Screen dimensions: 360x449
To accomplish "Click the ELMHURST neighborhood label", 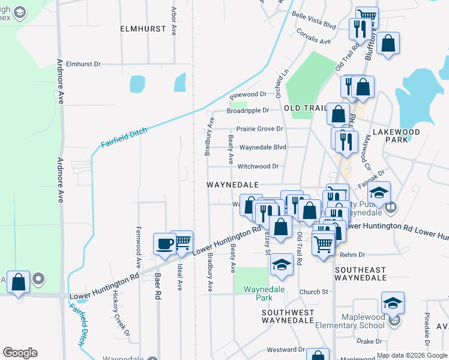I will coord(141,28).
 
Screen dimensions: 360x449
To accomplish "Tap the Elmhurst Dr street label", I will coord(92,63).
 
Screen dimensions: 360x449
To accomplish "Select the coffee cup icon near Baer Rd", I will coord(164,243).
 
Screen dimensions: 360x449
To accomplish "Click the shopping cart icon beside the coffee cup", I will coord(181,241).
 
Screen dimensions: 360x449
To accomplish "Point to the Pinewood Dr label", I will coord(248,94).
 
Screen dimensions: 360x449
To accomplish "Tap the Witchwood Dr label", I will coord(259,166).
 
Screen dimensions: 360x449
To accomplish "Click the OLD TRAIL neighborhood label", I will coord(304,107).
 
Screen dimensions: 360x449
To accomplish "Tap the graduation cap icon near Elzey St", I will coord(282,265).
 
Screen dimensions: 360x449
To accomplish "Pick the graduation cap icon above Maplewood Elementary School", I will coord(393,302).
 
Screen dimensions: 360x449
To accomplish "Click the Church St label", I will coord(317,292).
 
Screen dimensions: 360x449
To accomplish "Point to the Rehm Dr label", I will coord(352,255).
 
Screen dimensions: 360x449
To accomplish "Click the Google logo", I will coord(20,353).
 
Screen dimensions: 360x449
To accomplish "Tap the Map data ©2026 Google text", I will coord(411,355).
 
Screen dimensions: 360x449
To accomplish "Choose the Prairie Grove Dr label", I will coord(259,128).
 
